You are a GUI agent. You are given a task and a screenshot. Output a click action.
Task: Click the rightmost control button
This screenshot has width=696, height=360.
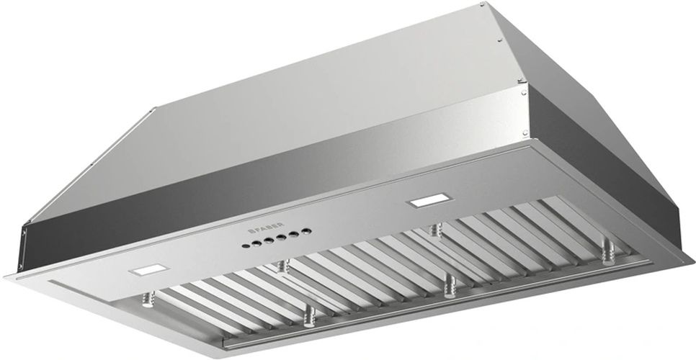coord(307,231)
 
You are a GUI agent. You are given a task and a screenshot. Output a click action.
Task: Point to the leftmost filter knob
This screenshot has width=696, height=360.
coord(151,296)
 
